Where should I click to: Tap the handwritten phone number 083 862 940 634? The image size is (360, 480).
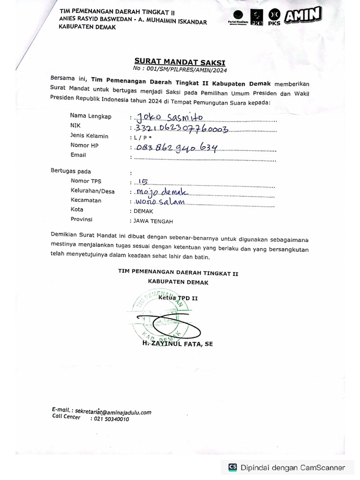coord(176,149)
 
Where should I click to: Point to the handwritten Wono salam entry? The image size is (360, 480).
coord(159,202)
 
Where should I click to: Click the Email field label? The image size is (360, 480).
coord(78,155)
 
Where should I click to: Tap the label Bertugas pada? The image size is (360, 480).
coord(71,171)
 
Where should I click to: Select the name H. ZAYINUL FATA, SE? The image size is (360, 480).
coord(178,344)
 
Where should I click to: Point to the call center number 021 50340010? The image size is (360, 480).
coord(109,419)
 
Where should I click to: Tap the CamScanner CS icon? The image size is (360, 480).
coord(232,467)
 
